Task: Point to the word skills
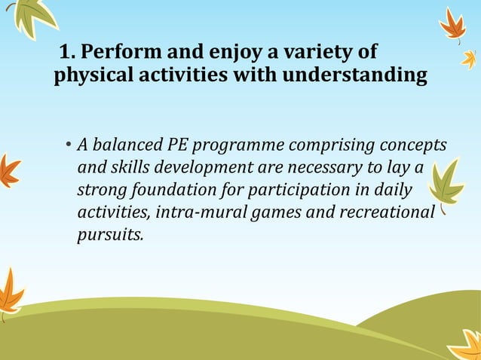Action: pyautogui.click(x=132, y=167)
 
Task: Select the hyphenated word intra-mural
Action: pyautogui.click(x=197, y=212)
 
